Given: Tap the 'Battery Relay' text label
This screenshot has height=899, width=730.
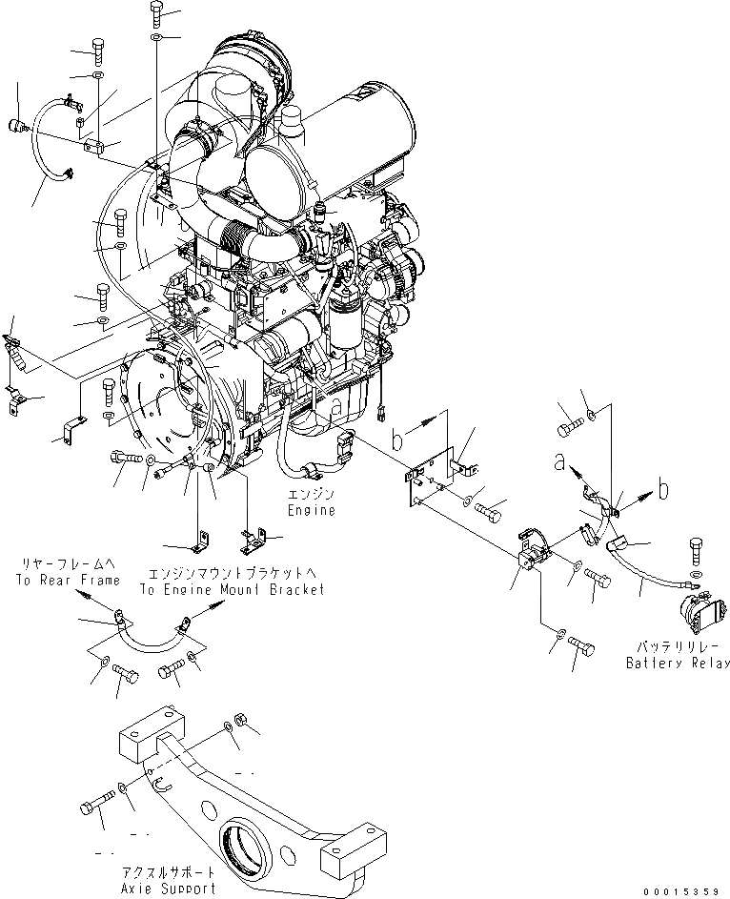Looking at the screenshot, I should (x=678, y=663).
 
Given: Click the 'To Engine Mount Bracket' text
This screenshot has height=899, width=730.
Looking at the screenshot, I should (x=232, y=589).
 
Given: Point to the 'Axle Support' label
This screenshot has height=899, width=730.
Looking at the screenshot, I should (x=182, y=888).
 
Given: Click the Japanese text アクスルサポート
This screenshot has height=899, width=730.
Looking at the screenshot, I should (x=182, y=872).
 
